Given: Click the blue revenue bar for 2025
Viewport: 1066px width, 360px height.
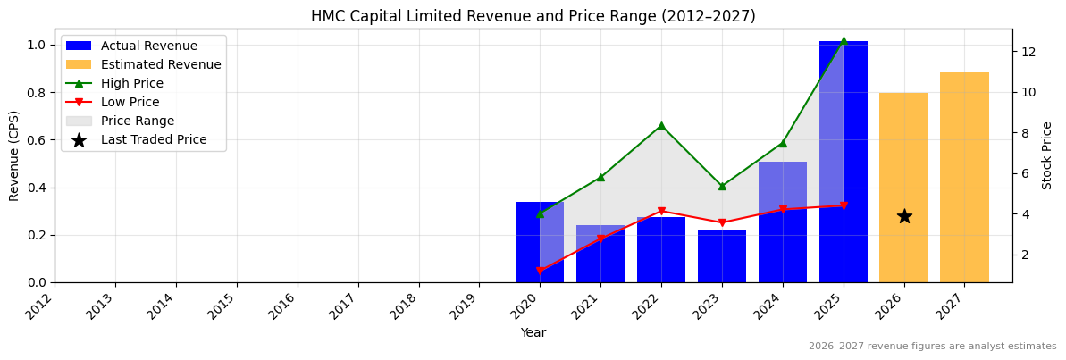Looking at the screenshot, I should (843, 161).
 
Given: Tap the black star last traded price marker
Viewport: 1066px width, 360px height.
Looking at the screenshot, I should (904, 216).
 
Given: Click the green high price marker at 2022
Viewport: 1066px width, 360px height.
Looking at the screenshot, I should (661, 126).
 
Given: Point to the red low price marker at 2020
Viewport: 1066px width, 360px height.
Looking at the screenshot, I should (540, 271).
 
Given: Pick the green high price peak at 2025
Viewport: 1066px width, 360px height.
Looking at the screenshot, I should (844, 41).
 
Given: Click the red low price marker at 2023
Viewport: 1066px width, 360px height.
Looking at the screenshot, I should (722, 223).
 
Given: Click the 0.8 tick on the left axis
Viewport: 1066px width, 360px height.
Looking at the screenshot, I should (38, 92).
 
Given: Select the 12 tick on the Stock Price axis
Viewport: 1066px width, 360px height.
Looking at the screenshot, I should (1028, 52).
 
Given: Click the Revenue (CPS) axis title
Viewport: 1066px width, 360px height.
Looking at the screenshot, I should (14, 155).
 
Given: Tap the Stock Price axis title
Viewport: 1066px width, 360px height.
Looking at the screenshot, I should (1047, 155).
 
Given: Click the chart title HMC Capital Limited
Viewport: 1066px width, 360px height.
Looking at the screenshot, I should (533, 16).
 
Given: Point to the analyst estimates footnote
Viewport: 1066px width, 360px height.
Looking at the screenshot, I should (932, 347).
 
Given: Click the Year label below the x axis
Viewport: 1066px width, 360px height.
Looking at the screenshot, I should (533, 333).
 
